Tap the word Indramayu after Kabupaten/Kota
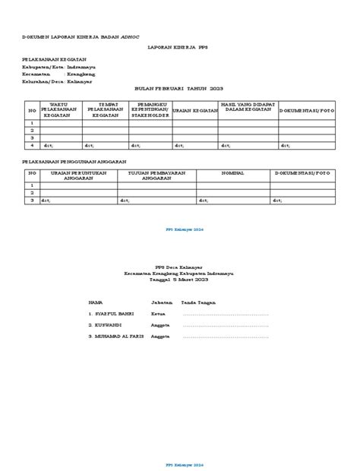tap(80, 66)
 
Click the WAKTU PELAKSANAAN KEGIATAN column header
tap(59, 109)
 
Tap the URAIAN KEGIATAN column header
tap(196, 110)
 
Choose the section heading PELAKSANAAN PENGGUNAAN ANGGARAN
tap(74, 162)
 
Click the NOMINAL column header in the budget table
tap(232, 173)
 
